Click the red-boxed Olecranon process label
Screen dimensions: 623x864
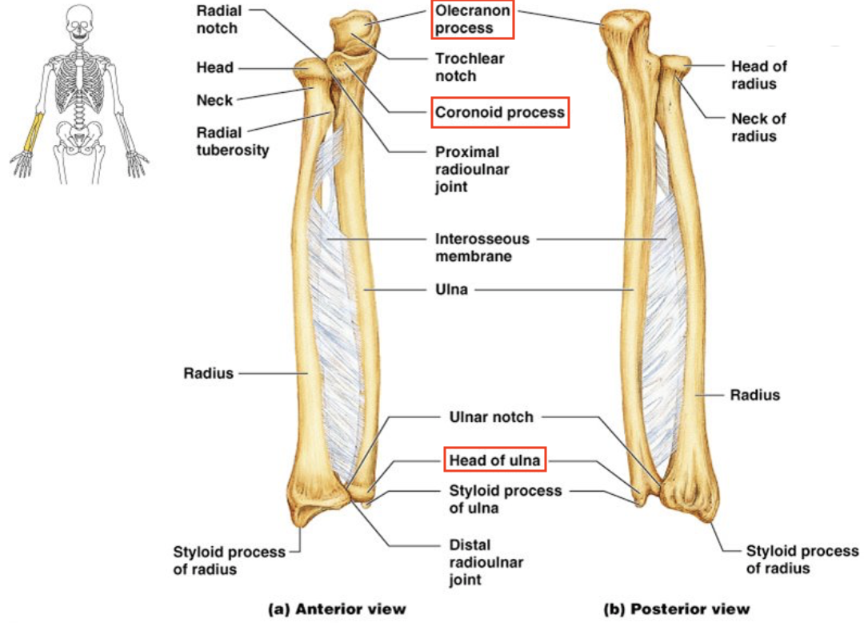tap(472, 20)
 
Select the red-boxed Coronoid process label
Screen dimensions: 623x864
tap(500, 113)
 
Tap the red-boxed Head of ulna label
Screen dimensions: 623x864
tap(494, 460)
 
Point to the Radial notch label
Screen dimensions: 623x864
tap(217, 20)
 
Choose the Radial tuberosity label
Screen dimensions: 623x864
tap(233, 140)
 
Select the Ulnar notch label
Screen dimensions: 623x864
tap(490, 417)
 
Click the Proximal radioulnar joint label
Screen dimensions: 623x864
tap(472, 169)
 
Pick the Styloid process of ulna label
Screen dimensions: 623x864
tap(504, 499)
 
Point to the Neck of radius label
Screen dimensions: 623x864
tap(758, 127)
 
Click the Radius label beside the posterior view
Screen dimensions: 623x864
tap(754, 395)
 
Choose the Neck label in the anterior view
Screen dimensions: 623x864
tap(214, 100)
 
